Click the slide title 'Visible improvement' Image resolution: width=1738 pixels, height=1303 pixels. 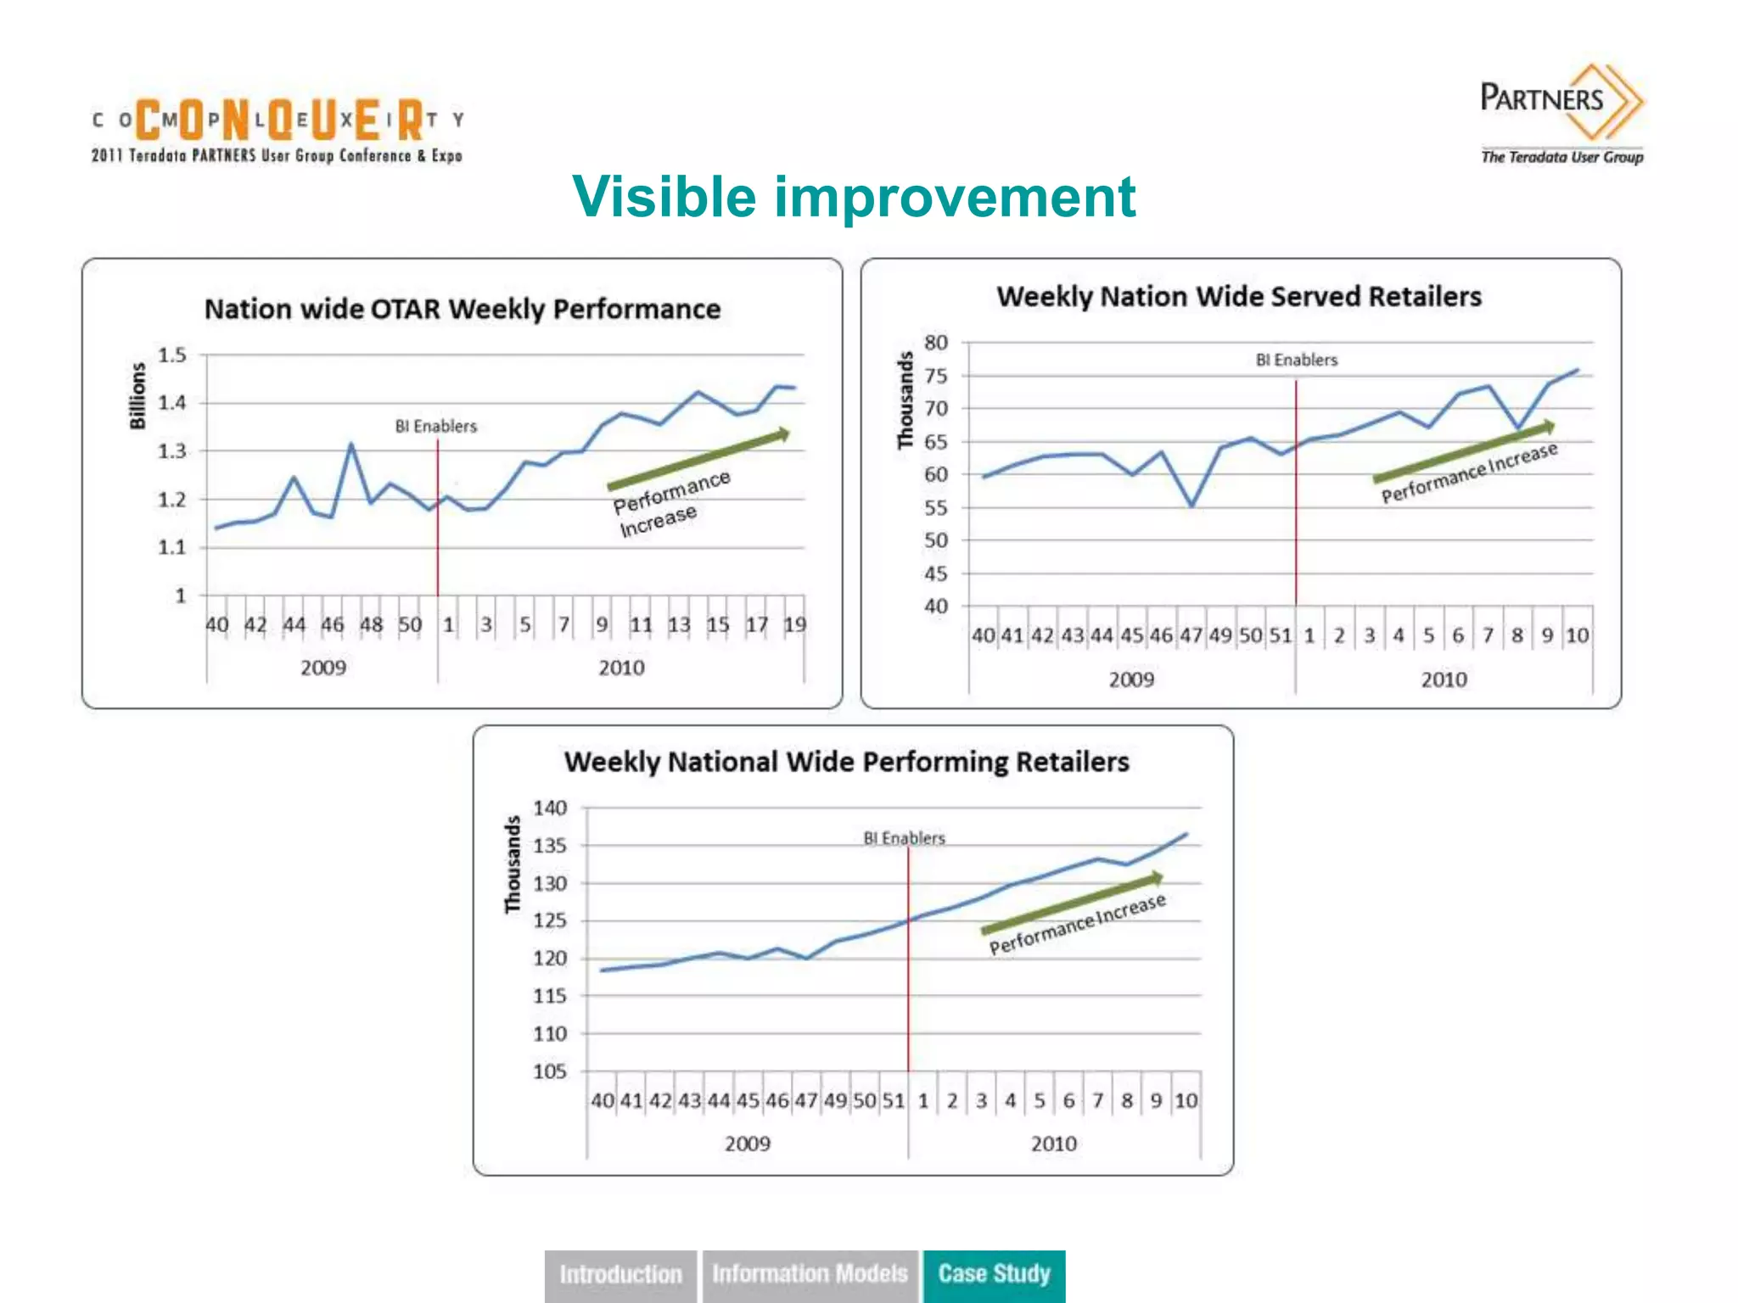854,197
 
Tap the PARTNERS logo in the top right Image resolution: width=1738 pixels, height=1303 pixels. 1561,110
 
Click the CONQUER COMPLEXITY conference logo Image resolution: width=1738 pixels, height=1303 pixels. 278,128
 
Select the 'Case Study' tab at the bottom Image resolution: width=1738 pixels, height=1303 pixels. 994,1274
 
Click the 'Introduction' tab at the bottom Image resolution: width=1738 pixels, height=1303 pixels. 620,1274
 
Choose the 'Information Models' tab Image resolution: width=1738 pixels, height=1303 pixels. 810,1274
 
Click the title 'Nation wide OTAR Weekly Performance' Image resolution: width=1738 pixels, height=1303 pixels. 463,309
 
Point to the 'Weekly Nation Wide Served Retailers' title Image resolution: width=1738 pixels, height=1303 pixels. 1239,297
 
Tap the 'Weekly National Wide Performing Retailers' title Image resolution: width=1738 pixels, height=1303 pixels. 846,762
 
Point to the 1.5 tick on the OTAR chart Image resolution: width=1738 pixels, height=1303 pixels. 172,355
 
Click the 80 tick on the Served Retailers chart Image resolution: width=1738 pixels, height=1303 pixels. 936,343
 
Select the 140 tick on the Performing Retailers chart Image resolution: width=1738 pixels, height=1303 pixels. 550,808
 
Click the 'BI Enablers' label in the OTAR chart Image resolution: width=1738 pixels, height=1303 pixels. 436,426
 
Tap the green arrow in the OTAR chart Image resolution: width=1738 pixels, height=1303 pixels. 698,460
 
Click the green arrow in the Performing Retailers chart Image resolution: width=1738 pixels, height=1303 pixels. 1072,903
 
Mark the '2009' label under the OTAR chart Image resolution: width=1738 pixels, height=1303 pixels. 323,668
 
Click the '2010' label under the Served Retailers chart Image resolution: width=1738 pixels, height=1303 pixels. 1444,679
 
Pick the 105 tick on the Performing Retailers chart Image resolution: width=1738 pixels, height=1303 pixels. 550,1071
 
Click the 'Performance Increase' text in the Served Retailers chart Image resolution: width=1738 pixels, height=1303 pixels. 1469,473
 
